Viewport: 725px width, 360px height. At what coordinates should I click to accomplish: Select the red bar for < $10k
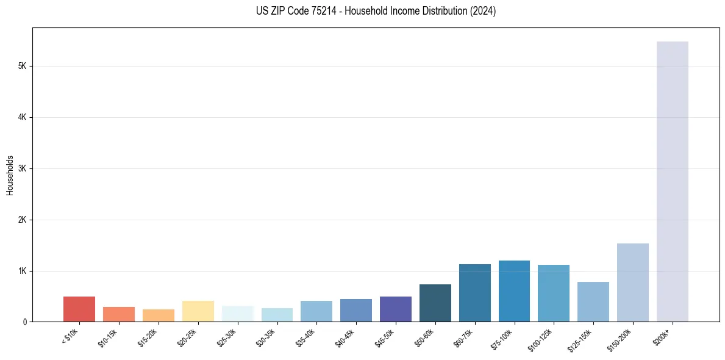point(79,309)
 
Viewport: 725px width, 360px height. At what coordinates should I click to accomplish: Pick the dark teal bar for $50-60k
point(435,303)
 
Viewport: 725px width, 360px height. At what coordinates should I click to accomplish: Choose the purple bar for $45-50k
point(395,309)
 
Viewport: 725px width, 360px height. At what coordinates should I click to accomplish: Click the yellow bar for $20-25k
point(198,311)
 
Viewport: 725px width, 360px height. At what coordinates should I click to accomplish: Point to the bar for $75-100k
point(514,291)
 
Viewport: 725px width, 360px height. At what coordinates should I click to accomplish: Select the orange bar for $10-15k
point(119,314)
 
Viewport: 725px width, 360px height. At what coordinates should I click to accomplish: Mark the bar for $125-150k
point(593,301)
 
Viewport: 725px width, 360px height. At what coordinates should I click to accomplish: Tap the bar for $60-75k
point(474,293)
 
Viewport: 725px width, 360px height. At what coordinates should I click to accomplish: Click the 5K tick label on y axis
point(23,66)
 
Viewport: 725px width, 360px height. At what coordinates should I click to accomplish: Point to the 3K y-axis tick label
point(23,168)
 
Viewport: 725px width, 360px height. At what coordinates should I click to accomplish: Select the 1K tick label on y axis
point(23,271)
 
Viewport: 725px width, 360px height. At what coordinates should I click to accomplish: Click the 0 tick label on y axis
point(26,322)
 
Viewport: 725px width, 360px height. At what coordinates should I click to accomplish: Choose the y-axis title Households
point(10,175)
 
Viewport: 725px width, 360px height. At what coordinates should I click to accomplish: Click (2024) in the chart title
point(483,11)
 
